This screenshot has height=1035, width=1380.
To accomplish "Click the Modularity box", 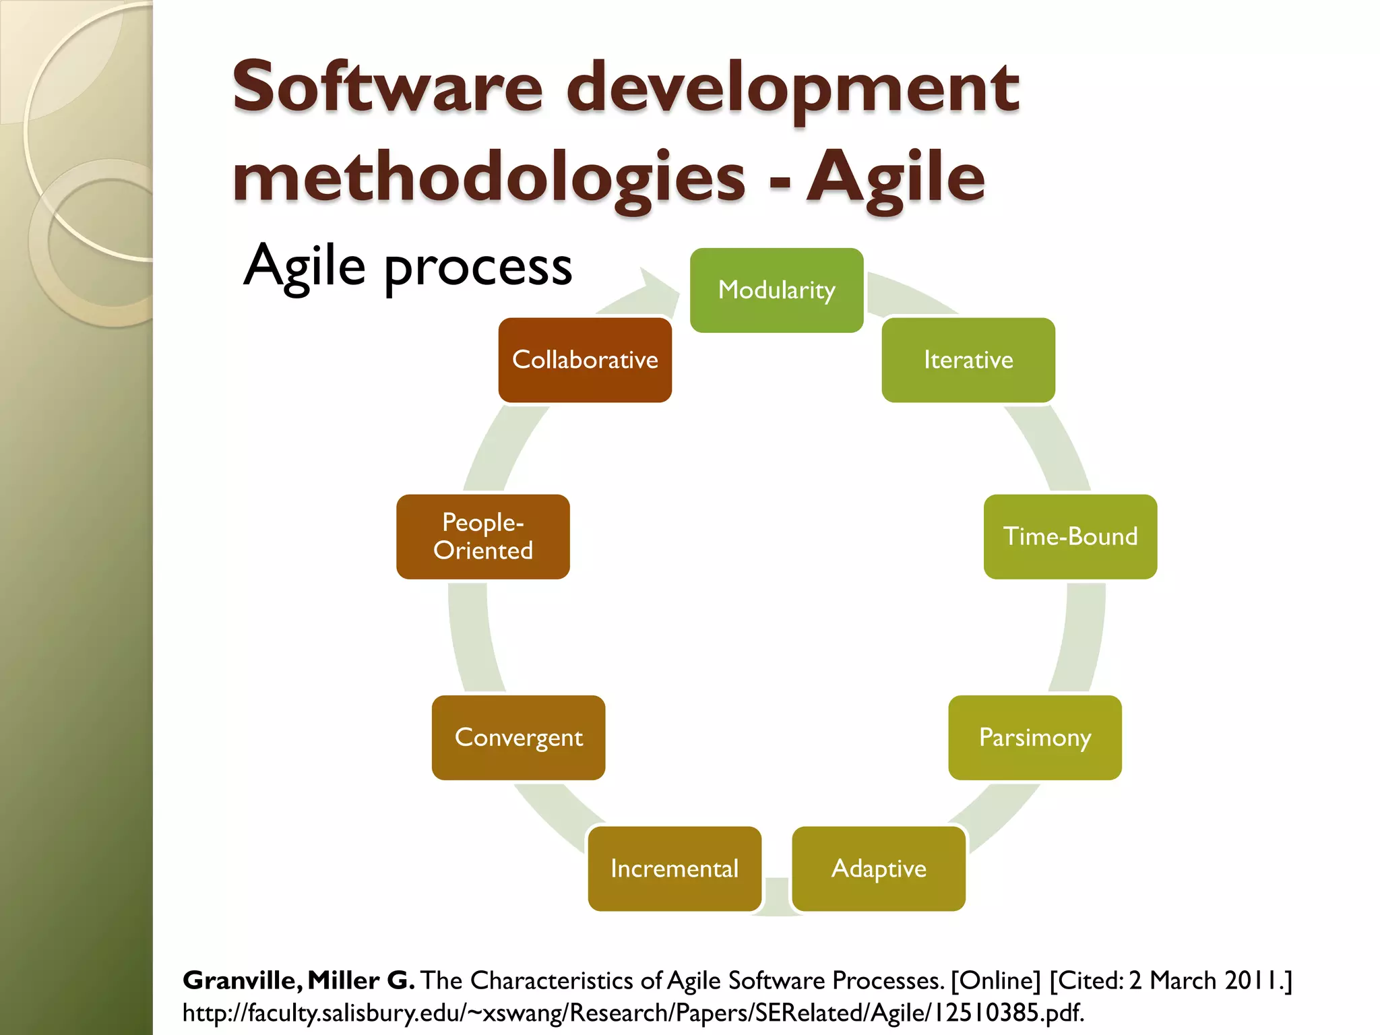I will click(x=776, y=290).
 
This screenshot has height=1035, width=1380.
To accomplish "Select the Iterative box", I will click(x=968, y=360).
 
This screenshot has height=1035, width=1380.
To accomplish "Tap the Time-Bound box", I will click(x=1070, y=536).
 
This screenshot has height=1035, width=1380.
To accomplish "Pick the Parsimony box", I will click(x=1034, y=737).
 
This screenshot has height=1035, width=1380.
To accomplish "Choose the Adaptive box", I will click(x=878, y=869).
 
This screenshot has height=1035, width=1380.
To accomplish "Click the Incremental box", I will click(x=675, y=869).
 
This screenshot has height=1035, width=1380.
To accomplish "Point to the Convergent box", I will click(x=518, y=737).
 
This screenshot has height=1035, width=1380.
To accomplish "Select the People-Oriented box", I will click(x=482, y=536).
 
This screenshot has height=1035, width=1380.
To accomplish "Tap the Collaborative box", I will click(x=585, y=360).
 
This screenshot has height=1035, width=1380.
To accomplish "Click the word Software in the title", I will click(x=387, y=88).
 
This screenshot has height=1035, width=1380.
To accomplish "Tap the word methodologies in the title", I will click(x=489, y=178).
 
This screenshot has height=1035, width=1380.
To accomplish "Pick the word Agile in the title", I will click(x=896, y=178).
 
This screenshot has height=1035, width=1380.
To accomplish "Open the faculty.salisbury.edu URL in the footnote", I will click(x=633, y=1013).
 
